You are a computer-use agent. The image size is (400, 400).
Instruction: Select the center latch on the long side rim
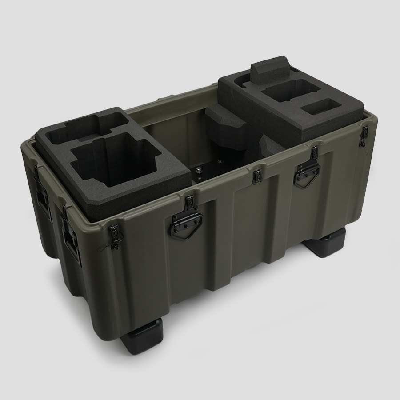(x=257, y=177)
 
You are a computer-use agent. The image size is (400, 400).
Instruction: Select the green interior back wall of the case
(x=173, y=133)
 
